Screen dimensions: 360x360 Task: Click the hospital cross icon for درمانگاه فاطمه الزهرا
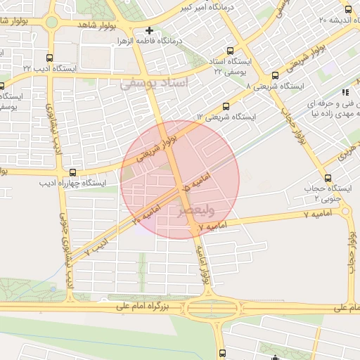(149, 31)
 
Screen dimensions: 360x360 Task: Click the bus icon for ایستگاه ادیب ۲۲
(48, 58)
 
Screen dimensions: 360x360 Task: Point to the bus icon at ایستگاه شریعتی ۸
(274, 77)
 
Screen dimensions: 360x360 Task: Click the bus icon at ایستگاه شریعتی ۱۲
(226, 105)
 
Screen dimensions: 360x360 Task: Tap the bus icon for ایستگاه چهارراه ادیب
(73, 172)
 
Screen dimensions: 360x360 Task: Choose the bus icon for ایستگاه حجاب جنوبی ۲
(328, 178)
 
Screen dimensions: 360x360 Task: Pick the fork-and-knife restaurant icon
(345, 92)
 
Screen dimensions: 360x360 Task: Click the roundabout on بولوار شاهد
(52, 22)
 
